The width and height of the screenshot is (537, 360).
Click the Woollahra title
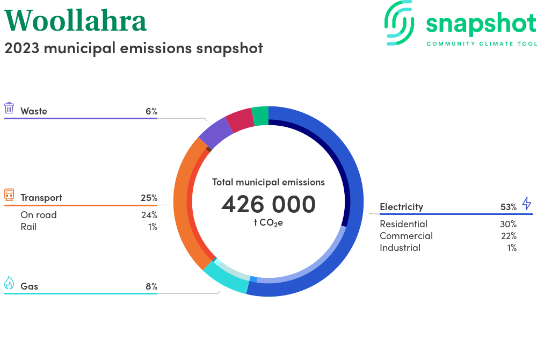click(x=75, y=21)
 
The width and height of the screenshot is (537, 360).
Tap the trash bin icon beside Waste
click(x=9, y=107)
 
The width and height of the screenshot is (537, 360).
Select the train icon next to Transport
click(x=9, y=195)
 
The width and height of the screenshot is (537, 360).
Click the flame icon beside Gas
click(x=9, y=283)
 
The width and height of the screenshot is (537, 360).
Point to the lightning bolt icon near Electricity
click(x=527, y=204)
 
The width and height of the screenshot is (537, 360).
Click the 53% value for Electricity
click(x=508, y=207)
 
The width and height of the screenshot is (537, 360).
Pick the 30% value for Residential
click(x=508, y=224)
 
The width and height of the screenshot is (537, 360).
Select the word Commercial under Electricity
click(x=406, y=236)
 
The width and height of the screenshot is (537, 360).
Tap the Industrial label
click(x=400, y=248)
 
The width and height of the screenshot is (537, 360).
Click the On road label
click(x=39, y=215)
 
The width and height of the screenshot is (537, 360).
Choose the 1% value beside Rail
click(x=153, y=227)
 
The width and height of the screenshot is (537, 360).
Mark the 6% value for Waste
click(x=151, y=111)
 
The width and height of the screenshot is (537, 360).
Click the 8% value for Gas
click(x=151, y=286)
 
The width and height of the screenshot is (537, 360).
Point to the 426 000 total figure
click(x=268, y=204)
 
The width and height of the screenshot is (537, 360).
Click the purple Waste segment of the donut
click(x=215, y=133)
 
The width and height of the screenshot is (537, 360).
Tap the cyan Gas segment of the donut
click(x=227, y=280)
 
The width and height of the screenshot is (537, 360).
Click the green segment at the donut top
click(x=260, y=116)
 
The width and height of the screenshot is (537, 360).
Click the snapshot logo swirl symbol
click(x=399, y=23)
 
